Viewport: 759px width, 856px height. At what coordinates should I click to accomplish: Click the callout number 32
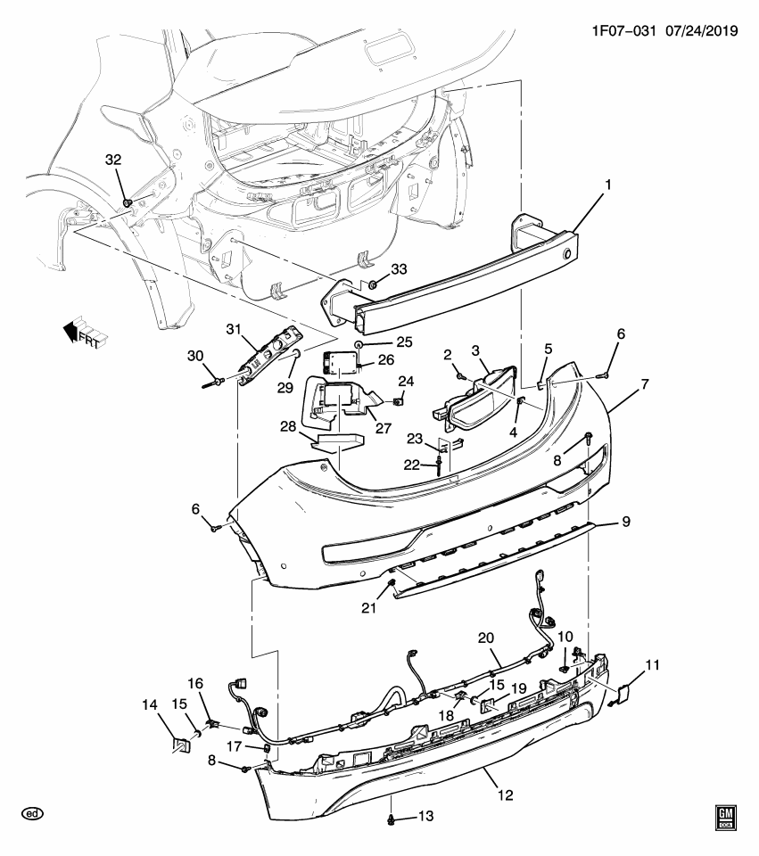pyautogui.click(x=112, y=160)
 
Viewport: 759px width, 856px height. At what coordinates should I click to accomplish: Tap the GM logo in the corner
pyautogui.click(x=727, y=818)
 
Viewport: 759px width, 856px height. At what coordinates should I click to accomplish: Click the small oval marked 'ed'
pyautogui.click(x=33, y=814)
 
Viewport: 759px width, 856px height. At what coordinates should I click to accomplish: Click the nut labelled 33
pyautogui.click(x=373, y=285)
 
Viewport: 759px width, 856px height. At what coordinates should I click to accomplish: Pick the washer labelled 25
pyautogui.click(x=357, y=342)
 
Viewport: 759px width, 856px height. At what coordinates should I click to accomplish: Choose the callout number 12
pyautogui.click(x=506, y=794)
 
